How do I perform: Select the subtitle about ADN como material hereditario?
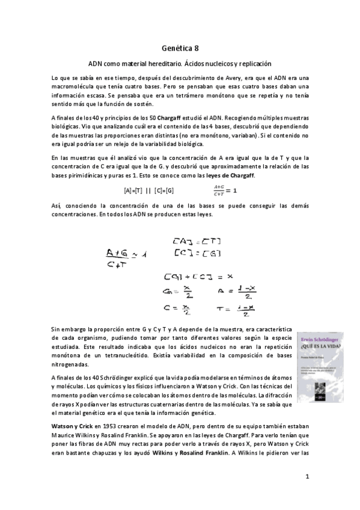click(180, 63)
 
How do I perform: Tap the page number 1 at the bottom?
click(307, 477)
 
